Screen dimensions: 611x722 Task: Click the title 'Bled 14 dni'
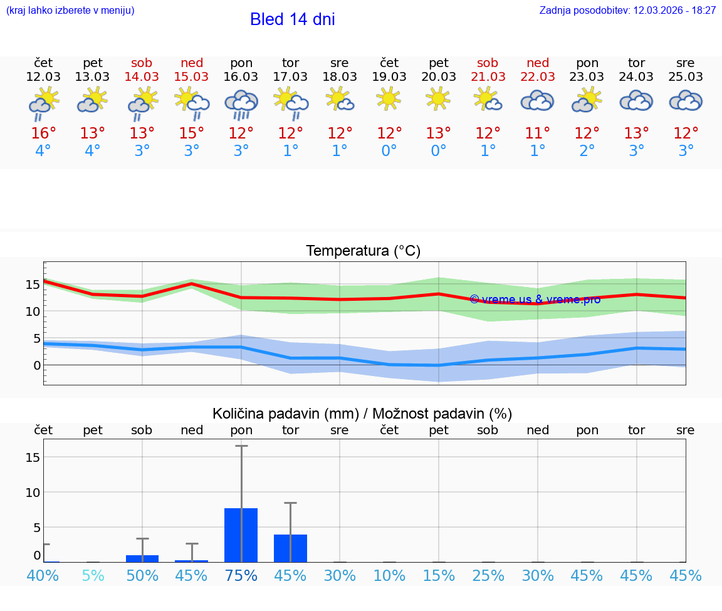pos(292,19)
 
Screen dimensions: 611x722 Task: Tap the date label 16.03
pos(241,76)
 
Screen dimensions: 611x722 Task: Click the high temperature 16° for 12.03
pos(43,133)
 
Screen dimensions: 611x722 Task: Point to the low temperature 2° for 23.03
pos(587,151)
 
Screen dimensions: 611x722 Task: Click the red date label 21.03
pos(488,76)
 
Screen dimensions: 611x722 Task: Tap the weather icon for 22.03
pos(537,100)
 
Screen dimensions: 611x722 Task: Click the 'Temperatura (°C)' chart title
pos(363,251)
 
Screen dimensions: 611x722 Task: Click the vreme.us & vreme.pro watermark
pos(535,299)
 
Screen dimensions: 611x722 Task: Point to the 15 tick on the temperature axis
pos(33,284)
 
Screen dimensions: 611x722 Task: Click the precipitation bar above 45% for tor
pos(290,548)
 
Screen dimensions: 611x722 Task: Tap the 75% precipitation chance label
pos(241,575)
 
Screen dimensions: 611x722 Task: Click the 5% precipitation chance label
pos(93,575)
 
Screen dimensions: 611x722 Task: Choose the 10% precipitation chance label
pos(389,575)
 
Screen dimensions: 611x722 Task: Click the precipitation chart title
pos(362,414)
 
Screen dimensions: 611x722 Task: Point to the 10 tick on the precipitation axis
pos(33,493)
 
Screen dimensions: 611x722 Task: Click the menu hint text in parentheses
pos(70,10)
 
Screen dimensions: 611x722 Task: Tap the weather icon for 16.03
pos(241,103)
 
